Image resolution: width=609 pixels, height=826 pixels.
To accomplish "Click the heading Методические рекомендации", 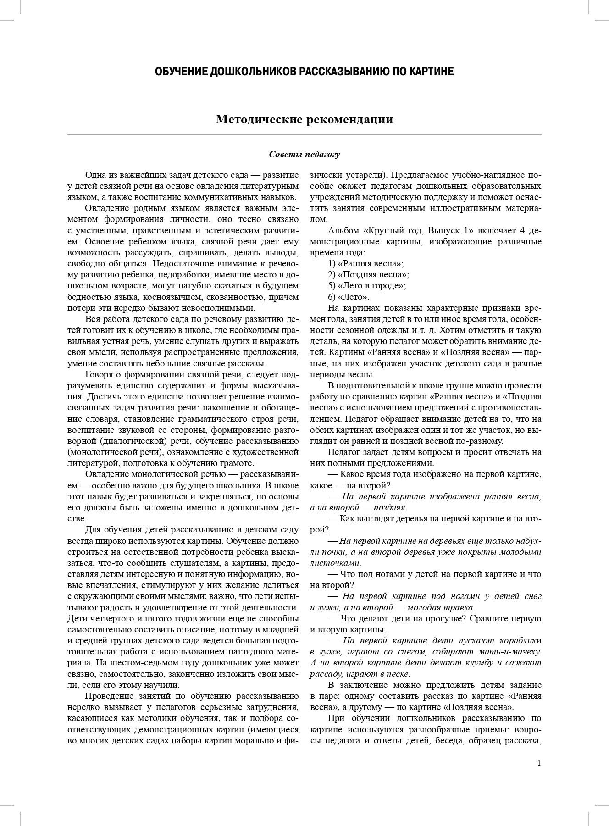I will [x=304, y=120].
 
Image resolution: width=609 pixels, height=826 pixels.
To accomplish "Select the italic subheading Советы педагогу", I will [x=304, y=154].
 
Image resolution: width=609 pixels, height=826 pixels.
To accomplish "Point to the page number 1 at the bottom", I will [x=539, y=763].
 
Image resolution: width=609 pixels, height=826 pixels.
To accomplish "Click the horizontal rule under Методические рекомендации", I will [x=304, y=134].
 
